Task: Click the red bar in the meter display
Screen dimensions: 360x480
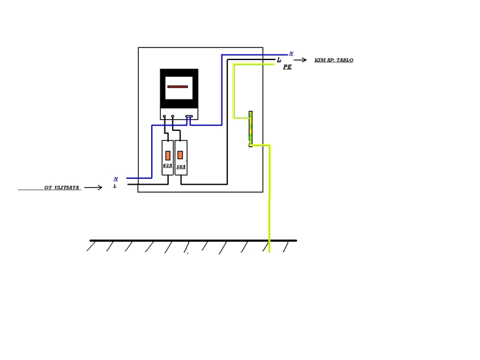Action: pyautogui.click(x=178, y=86)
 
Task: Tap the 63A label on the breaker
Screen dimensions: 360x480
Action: pyautogui.click(x=167, y=166)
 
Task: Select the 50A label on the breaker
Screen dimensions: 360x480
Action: pyautogui.click(x=181, y=166)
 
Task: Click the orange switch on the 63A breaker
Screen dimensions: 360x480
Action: pyautogui.click(x=168, y=155)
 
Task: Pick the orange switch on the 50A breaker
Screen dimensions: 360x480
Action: pyautogui.click(x=181, y=155)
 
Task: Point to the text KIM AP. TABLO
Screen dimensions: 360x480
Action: pyautogui.click(x=334, y=60)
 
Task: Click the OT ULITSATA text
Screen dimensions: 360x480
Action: pyautogui.click(x=62, y=188)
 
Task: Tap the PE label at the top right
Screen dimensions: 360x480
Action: pyautogui.click(x=287, y=67)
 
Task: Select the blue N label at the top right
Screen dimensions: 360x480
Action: pyautogui.click(x=291, y=54)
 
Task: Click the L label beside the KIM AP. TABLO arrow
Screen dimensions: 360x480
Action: pyautogui.click(x=279, y=60)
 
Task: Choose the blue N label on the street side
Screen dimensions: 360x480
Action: pyautogui.click(x=116, y=179)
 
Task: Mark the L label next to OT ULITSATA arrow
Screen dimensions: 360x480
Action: pyautogui.click(x=115, y=187)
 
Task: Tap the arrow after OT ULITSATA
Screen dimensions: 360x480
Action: pyautogui.click(x=93, y=188)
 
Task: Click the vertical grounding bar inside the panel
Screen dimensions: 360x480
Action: pyautogui.click(x=251, y=129)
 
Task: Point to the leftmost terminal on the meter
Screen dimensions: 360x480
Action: pyautogui.click(x=164, y=117)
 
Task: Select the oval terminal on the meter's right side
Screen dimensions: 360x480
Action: pyautogui.click(x=189, y=117)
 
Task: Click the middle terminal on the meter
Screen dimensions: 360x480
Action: pyautogui.click(x=173, y=117)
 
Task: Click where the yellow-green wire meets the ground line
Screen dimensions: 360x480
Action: pyautogui.click(x=269, y=241)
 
